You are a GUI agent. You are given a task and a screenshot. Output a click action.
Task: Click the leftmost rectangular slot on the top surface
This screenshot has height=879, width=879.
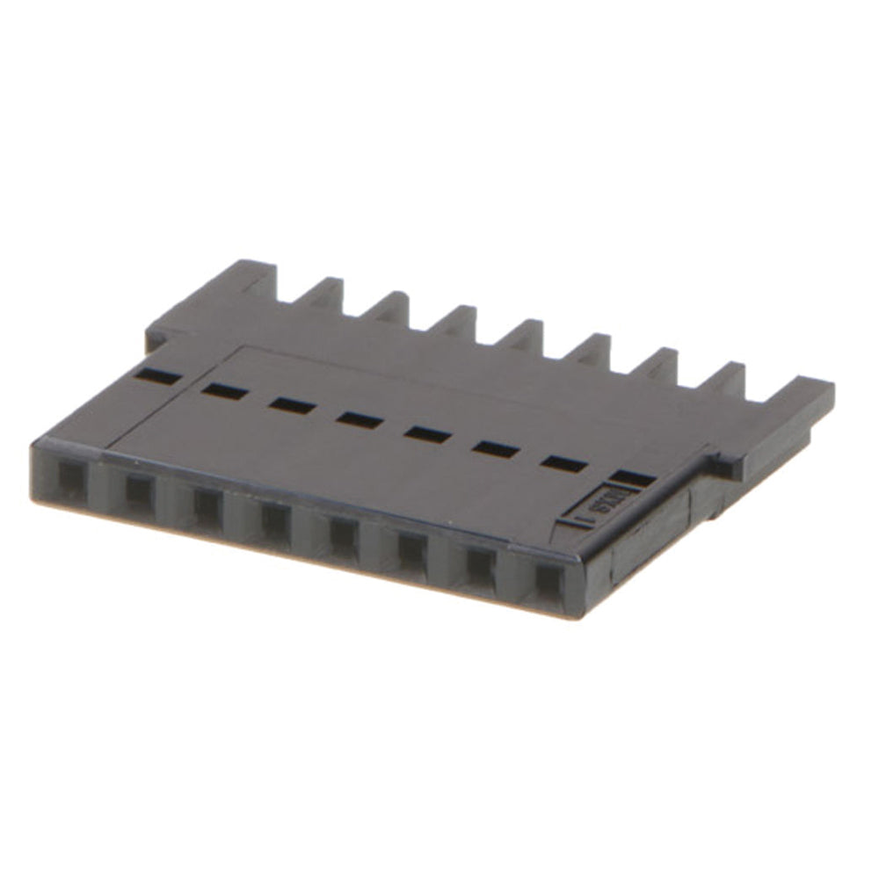pos(159,377)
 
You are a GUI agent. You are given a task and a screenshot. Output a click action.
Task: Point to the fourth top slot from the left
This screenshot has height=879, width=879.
pos(360,419)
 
